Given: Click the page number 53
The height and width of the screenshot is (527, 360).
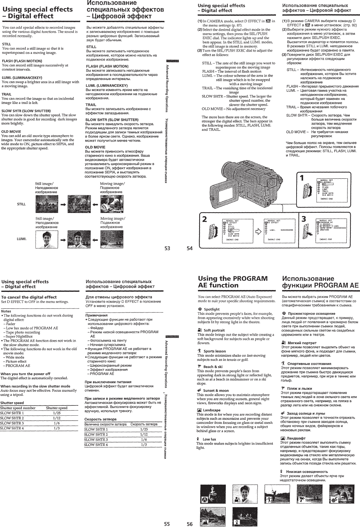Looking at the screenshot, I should [167, 248].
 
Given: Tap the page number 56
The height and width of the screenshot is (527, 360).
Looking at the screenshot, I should [190, 524].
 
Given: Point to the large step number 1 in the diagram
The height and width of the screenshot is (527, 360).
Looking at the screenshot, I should [302, 178].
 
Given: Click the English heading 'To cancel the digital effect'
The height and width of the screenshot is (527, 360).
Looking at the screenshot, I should [29, 297].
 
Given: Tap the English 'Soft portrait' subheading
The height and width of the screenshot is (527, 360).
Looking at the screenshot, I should [214, 330].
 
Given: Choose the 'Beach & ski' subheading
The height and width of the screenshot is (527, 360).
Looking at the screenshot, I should [213, 367].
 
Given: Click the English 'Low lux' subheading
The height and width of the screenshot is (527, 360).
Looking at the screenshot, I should [209, 439].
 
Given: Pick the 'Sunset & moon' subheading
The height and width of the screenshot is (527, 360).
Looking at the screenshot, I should [216, 391].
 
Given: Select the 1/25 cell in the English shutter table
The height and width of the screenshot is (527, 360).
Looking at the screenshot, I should [56, 413].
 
